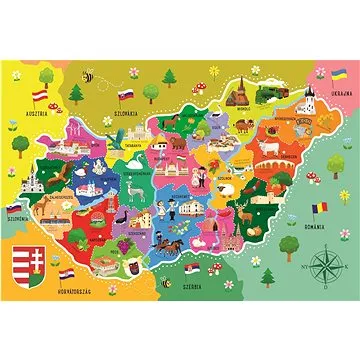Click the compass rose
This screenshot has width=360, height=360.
[x=325, y=267]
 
